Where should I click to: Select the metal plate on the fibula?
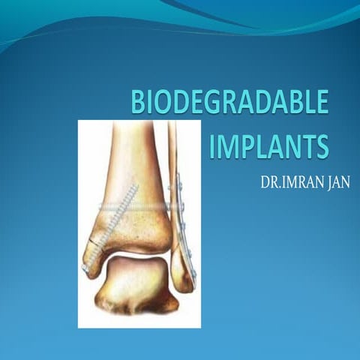(184, 225)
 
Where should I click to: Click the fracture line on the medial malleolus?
(95, 244)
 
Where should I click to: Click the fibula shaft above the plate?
(172, 142)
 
